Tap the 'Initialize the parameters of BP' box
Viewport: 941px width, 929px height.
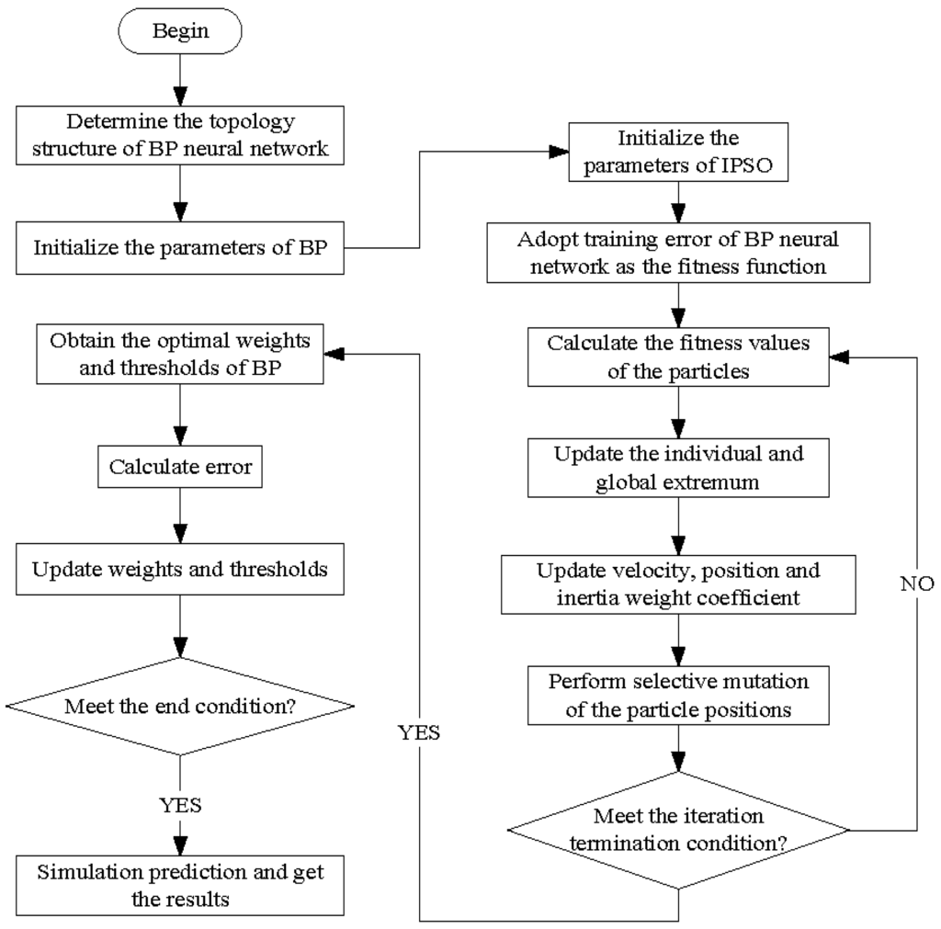[x=180, y=247]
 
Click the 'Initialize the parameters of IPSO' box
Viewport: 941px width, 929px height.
[x=678, y=151]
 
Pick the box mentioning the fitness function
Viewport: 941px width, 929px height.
[x=678, y=255]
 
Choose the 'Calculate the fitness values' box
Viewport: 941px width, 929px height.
[x=678, y=357]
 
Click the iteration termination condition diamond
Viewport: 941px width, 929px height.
[x=678, y=828]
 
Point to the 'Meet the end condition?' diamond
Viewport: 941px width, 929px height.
[x=180, y=706]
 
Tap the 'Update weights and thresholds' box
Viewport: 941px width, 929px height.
[x=180, y=569]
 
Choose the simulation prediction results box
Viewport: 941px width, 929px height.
[x=180, y=885]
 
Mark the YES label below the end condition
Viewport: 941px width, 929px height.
[x=180, y=805]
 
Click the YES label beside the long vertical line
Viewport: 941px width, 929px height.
[x=419, y=732]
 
